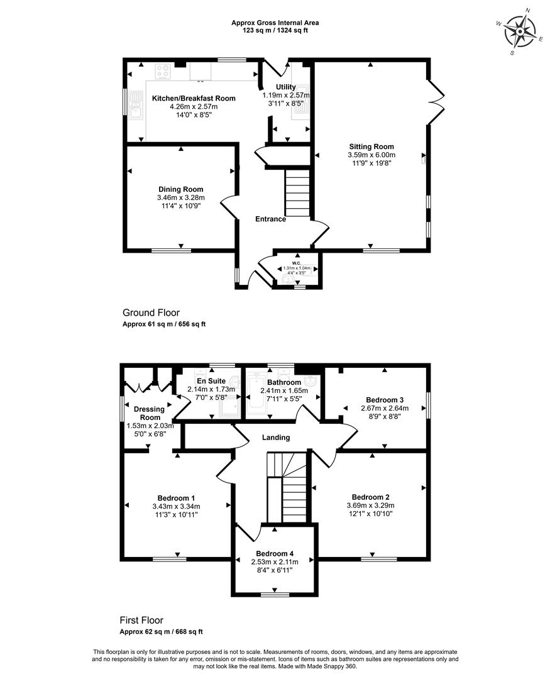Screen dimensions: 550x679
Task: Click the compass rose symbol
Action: (519, 31)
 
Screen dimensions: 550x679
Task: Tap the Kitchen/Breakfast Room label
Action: (194, 98)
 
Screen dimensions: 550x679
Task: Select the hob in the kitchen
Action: (163, 72)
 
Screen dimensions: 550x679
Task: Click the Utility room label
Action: (286, 87)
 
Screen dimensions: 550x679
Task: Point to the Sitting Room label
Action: (371, 146)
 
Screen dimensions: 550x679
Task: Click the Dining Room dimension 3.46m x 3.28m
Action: (181, 198)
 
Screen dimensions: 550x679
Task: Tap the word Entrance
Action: (271, 219)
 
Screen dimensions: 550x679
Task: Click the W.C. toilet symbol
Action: (287, 280)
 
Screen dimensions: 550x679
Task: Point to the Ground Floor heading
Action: (151, 312)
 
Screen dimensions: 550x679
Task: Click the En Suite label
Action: (211, 381)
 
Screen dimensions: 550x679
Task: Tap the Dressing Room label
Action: (150, 413)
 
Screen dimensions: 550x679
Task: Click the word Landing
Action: (276, 438)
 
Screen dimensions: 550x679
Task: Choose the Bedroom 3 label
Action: (385, 400)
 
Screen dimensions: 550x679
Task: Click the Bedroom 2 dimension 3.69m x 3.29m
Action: (371, 505)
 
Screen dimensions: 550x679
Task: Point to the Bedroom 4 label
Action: (275, 553)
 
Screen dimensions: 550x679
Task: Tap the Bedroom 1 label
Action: (176, 498)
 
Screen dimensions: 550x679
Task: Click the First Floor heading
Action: (141, 621)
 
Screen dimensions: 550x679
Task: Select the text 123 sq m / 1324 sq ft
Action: (275, 31)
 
